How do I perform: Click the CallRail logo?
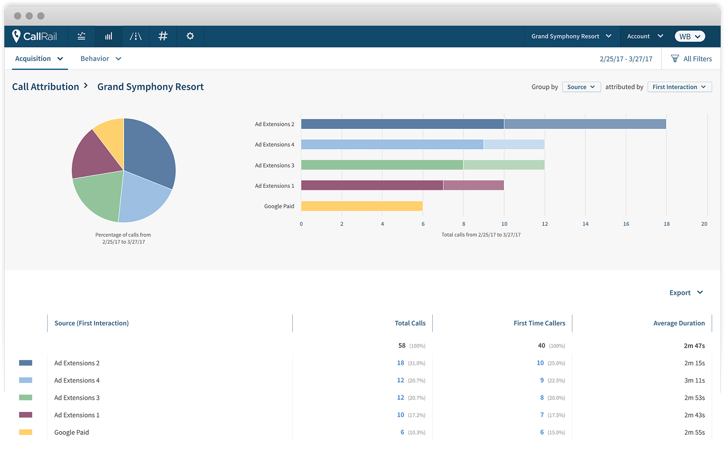[x=35, y=36]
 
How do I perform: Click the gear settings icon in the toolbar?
[x=190, y=36]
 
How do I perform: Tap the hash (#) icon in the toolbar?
[x=163, y=36]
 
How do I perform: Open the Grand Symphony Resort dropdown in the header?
[x=571, y=36]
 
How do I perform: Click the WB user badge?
[x=690, y=36]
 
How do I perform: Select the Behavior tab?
[x=101, y=58]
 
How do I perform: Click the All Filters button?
[x=691, y=58]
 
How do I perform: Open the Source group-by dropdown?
[x=581, y=87]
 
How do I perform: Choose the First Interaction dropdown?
[x=679, y=87]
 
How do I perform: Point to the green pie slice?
[x=97, y=195]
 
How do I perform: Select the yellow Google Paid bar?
[x=362, y=206]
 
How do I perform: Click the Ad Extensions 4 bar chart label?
[x=274, y=145]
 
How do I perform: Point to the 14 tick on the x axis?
[x=585, y=224]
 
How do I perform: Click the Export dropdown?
[x=686, y=293]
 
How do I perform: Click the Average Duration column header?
[x=679, y=323]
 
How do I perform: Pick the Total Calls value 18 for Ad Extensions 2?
[x=401, y=363]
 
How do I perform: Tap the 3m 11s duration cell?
[x=694, y=380]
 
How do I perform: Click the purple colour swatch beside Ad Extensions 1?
[x=25, y=415]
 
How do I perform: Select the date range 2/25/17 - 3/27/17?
[x=626, y=59]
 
